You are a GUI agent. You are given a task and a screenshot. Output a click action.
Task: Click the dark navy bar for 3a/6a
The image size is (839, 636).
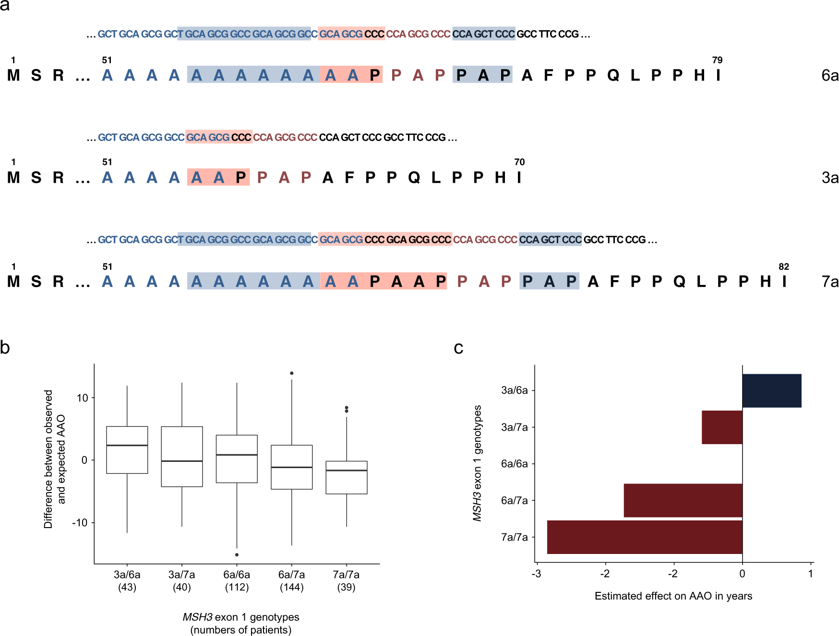tap(771, 390)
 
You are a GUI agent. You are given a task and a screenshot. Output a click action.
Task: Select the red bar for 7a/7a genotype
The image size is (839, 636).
tap(644, 537)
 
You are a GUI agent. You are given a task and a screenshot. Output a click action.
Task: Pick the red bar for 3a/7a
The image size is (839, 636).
tap(722, 427)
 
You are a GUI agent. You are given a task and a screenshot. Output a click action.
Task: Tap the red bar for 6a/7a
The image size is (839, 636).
tap(683, 500)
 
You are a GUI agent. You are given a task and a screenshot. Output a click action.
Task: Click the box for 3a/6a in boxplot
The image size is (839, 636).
tap(127, 450)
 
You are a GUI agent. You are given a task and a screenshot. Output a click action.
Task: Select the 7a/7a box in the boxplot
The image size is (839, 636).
tap(347, 477)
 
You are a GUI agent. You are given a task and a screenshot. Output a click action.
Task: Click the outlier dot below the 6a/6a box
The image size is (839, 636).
tap(237, 554)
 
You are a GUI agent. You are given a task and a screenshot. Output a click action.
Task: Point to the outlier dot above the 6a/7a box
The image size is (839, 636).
tap(292, 373)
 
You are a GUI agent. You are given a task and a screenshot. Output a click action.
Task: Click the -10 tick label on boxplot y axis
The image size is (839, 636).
tap(80, 522)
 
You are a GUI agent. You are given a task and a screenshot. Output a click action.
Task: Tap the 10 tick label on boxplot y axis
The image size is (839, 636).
tap(83, 398)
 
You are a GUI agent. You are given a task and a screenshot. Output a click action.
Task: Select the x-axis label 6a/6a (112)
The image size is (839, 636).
tap(237, 580)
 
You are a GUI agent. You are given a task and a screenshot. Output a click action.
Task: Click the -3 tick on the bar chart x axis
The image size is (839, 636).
tap(537, 574)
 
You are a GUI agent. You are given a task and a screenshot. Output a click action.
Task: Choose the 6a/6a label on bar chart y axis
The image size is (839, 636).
tap(514, 464)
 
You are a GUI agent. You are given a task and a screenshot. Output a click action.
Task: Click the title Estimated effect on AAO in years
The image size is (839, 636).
tap(673, 596)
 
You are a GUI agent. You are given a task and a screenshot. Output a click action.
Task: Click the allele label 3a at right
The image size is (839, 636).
tap(830, 178)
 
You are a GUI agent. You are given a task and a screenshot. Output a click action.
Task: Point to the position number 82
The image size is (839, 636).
tap(784, 267)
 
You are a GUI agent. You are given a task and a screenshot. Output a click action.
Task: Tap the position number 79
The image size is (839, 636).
tap(717, 60)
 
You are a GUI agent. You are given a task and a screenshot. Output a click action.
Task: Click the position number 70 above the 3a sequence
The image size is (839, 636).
tap(519, 162)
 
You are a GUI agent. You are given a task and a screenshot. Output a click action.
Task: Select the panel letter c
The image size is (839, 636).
tap(458, 348)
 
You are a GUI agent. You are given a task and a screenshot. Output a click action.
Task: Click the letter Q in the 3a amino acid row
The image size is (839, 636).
tap(414, 178)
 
